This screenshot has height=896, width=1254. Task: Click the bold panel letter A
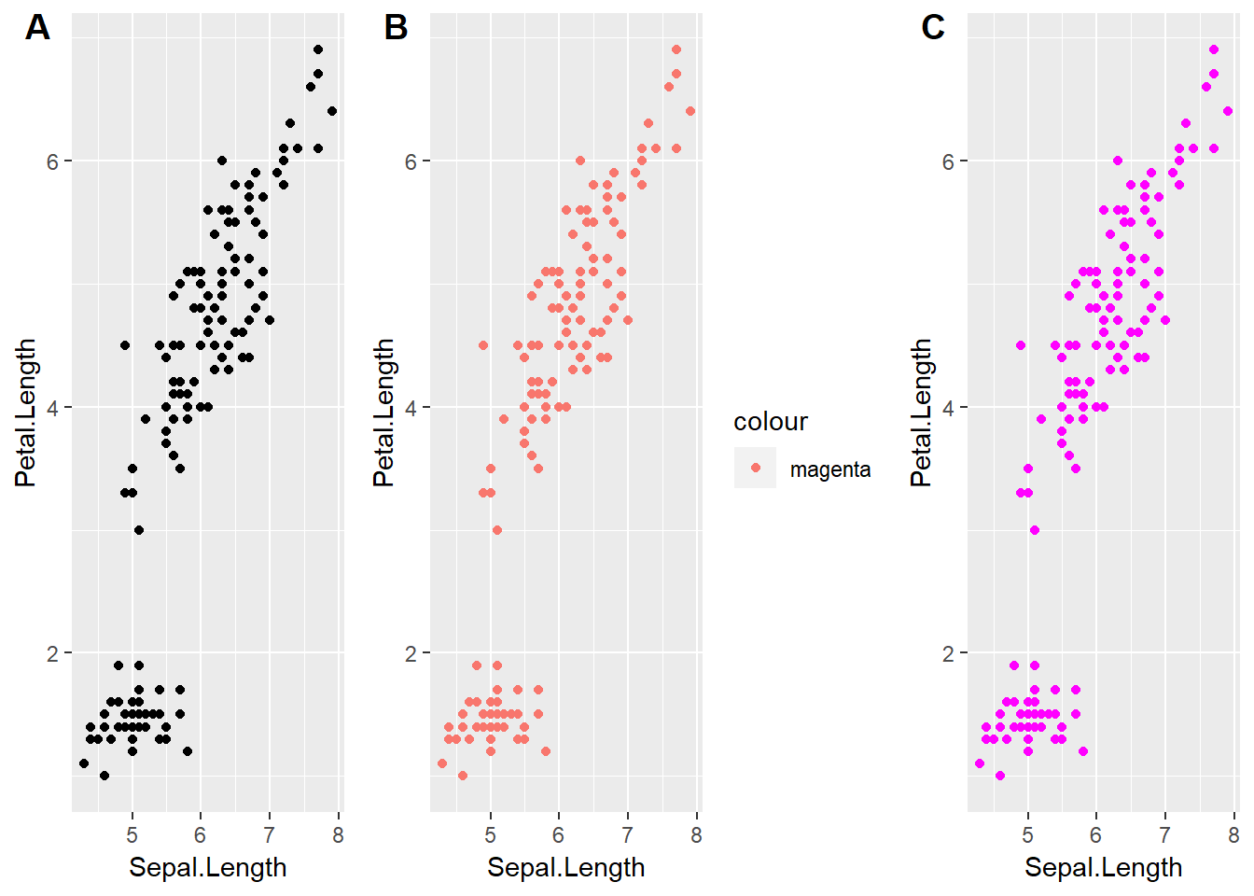click(x=37, y=28)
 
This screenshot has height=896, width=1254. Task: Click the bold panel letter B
click(x=397, y=28)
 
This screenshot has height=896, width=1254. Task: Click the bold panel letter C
click(x=933, y=28)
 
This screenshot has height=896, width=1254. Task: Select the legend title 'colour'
click(x=771, y=422)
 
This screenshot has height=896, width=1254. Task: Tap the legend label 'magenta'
click(x=830, y=469)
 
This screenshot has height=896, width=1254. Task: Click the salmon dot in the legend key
click(x=756, y=468)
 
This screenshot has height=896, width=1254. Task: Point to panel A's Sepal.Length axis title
click(x=207, y=867)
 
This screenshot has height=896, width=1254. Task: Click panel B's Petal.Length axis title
click(x=383, y=413)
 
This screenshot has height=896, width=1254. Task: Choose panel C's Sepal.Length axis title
click(x=1103, y=867)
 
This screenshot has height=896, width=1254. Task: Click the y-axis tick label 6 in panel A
click(x=53, y=161)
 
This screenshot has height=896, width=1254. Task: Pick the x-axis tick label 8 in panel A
click(x=338, y=835)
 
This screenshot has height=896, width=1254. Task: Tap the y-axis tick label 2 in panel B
click(x=411, y=653)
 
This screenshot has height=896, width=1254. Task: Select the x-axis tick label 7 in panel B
click(x=627, y=835)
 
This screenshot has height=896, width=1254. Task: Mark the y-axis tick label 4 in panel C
click(x=949, y=407)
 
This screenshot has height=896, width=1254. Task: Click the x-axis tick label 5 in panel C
click(x=1027, y=835)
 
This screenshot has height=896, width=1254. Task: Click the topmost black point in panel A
click(x=318, y=49)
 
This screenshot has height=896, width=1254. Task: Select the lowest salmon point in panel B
click(x=463, y=776)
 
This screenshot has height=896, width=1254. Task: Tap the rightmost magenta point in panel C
click(x=1228, y=111)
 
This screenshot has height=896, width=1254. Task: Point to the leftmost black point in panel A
click(x=84, y=763)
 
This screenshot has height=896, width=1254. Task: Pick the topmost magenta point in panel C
click(x=1214, y=49)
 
